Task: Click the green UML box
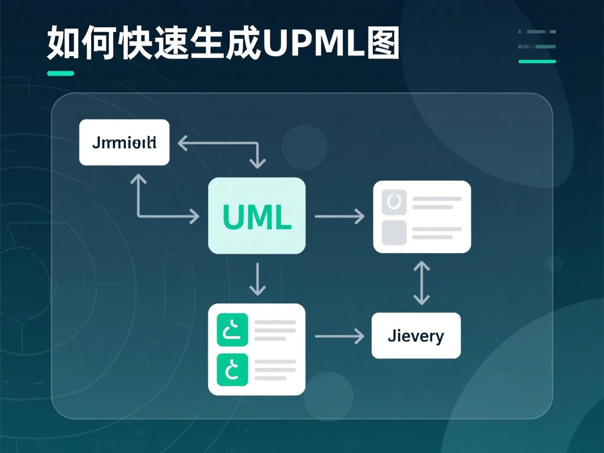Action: click(257, 215)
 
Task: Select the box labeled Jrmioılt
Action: click(124, 142)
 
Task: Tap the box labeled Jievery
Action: click(416, 336)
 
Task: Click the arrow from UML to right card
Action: click(340, 216)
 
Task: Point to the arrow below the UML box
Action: click(257, 279)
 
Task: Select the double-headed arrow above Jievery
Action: click(421, 283)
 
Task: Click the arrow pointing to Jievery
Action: click(340, 336)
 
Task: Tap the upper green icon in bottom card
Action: click(232, 330)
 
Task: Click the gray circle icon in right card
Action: click(394, 202)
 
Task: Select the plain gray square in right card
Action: click(394, 233)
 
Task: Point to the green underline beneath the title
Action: click(60, 73)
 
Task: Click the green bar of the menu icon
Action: click(537, 61)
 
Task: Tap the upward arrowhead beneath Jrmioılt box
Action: click(138, 180)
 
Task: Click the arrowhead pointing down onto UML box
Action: click(257, 163)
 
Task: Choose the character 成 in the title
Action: click(243, 43)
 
